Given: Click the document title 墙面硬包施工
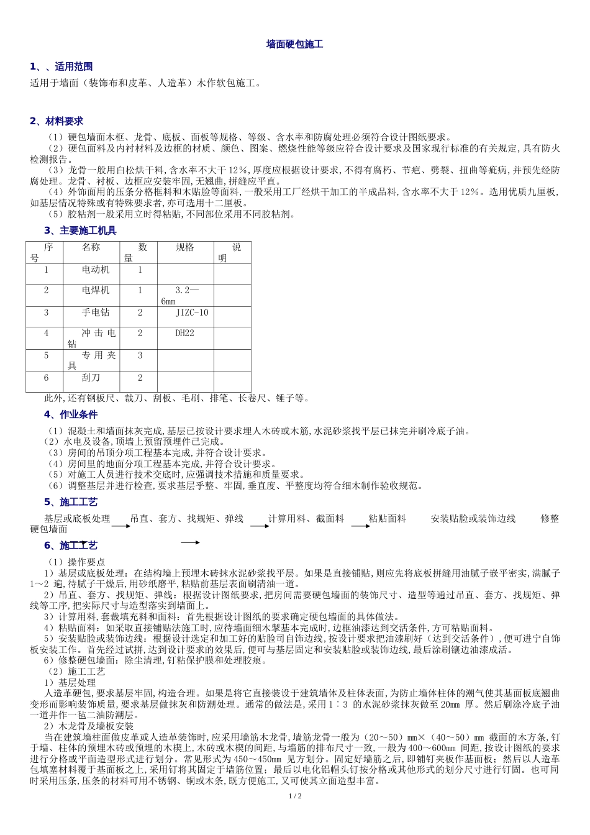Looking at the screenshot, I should click(x=294, y=45).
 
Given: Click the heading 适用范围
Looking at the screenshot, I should click(x=73, y=66).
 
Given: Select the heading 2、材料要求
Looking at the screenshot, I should click(x=57, y=121).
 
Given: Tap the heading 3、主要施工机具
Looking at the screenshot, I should click(x=80, y=230).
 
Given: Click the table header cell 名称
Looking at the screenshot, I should click(x=91, y=247).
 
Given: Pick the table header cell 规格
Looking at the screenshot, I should click(x=185, y=247).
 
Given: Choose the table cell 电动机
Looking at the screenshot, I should click(x=96, y=270).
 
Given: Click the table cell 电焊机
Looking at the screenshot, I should click(x=96, y=290).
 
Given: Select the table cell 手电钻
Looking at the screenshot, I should click(x=96, y=313).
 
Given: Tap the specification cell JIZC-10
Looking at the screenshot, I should click(x=192, y=313).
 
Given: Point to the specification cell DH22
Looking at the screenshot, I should click(x=185, y=333).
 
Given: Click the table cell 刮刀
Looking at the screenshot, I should click(x=91, y=378).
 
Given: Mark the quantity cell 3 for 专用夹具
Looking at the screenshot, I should click(x=140, y=355).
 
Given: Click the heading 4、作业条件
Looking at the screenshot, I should click(x=71, y=414).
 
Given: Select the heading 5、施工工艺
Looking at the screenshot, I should click(x=71, y=502).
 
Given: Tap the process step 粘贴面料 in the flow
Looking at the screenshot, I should click(x=388, y=519).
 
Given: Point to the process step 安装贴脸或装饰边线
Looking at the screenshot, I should click(x=473, y=519).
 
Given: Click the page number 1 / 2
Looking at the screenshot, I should click(x=295, y=796).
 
